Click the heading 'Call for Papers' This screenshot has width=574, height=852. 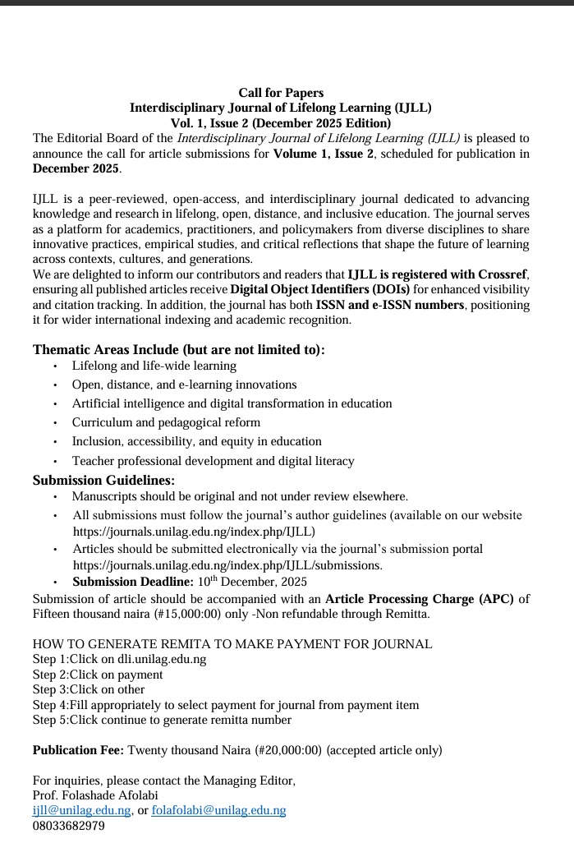pos(281,93)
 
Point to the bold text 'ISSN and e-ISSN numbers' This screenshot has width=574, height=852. pos(390,305)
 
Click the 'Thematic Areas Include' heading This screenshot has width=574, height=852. pos(178,349)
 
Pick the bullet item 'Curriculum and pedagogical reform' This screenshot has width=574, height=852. pos(166,422)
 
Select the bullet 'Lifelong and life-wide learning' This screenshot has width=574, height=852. pos(154,366)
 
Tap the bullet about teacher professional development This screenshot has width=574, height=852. pos(213,461)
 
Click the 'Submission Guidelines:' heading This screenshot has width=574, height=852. pos(103,480)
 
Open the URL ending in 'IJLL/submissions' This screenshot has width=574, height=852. pos(227,565)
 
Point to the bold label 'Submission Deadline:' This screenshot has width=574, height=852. pos(133,582)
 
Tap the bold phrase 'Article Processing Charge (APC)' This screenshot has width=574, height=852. pos(419,598)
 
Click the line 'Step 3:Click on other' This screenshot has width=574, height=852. pos(89,689)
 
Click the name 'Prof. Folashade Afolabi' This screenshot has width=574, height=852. pos(95,795)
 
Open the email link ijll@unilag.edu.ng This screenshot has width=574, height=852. pos(81,810)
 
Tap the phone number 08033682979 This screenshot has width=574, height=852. pos(68,826)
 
